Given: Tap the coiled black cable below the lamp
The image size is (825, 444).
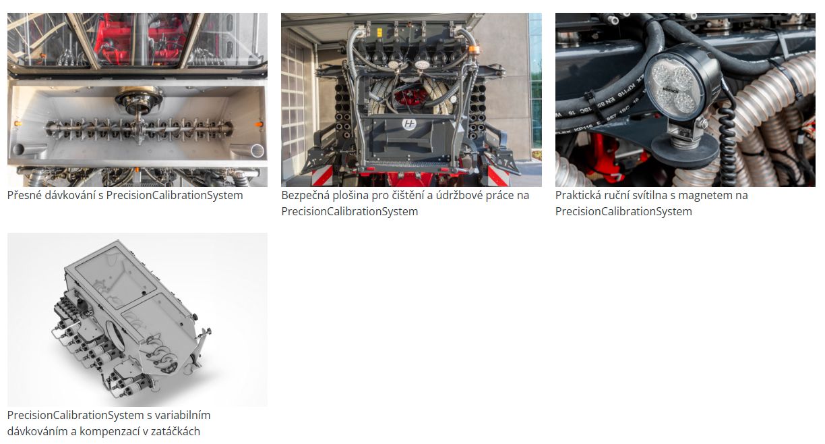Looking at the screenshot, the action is click(727, 151).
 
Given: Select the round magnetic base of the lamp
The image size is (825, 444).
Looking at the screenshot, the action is click(684, 148).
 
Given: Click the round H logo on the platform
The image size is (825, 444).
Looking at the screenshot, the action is click(409, 124).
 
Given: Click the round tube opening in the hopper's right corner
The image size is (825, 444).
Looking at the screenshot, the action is click(257, 151).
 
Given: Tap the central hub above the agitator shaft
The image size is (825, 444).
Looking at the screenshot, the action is click(138, 100).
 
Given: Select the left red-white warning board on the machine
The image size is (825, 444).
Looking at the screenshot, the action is click(323, 176).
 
